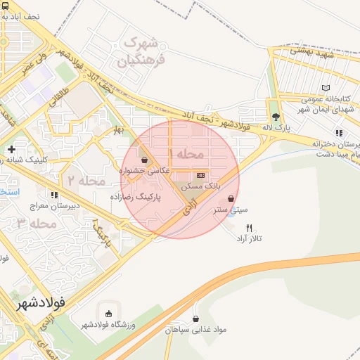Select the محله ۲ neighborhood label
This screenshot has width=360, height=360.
tap(86, 181)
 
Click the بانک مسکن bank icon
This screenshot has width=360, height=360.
tap(201, 175)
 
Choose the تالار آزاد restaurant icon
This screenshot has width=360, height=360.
tap(249, 227)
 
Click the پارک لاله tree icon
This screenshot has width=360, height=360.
tap(275, 117)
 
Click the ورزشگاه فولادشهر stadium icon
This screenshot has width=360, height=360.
tap(108, 314)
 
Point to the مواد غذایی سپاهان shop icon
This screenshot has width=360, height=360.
tap(195, 319)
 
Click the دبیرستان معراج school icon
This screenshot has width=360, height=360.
tap(53, 194)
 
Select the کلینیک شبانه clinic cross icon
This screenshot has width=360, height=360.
tap(11, 149)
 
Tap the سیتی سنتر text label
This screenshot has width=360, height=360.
tap(231, 210)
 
